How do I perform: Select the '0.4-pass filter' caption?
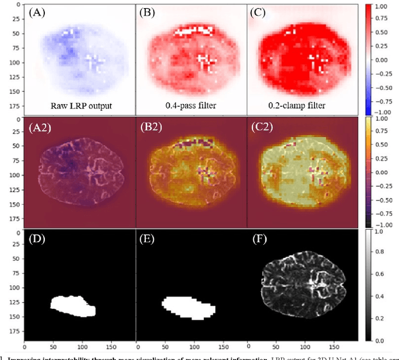[182, 106]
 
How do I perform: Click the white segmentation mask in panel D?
[72, 305]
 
